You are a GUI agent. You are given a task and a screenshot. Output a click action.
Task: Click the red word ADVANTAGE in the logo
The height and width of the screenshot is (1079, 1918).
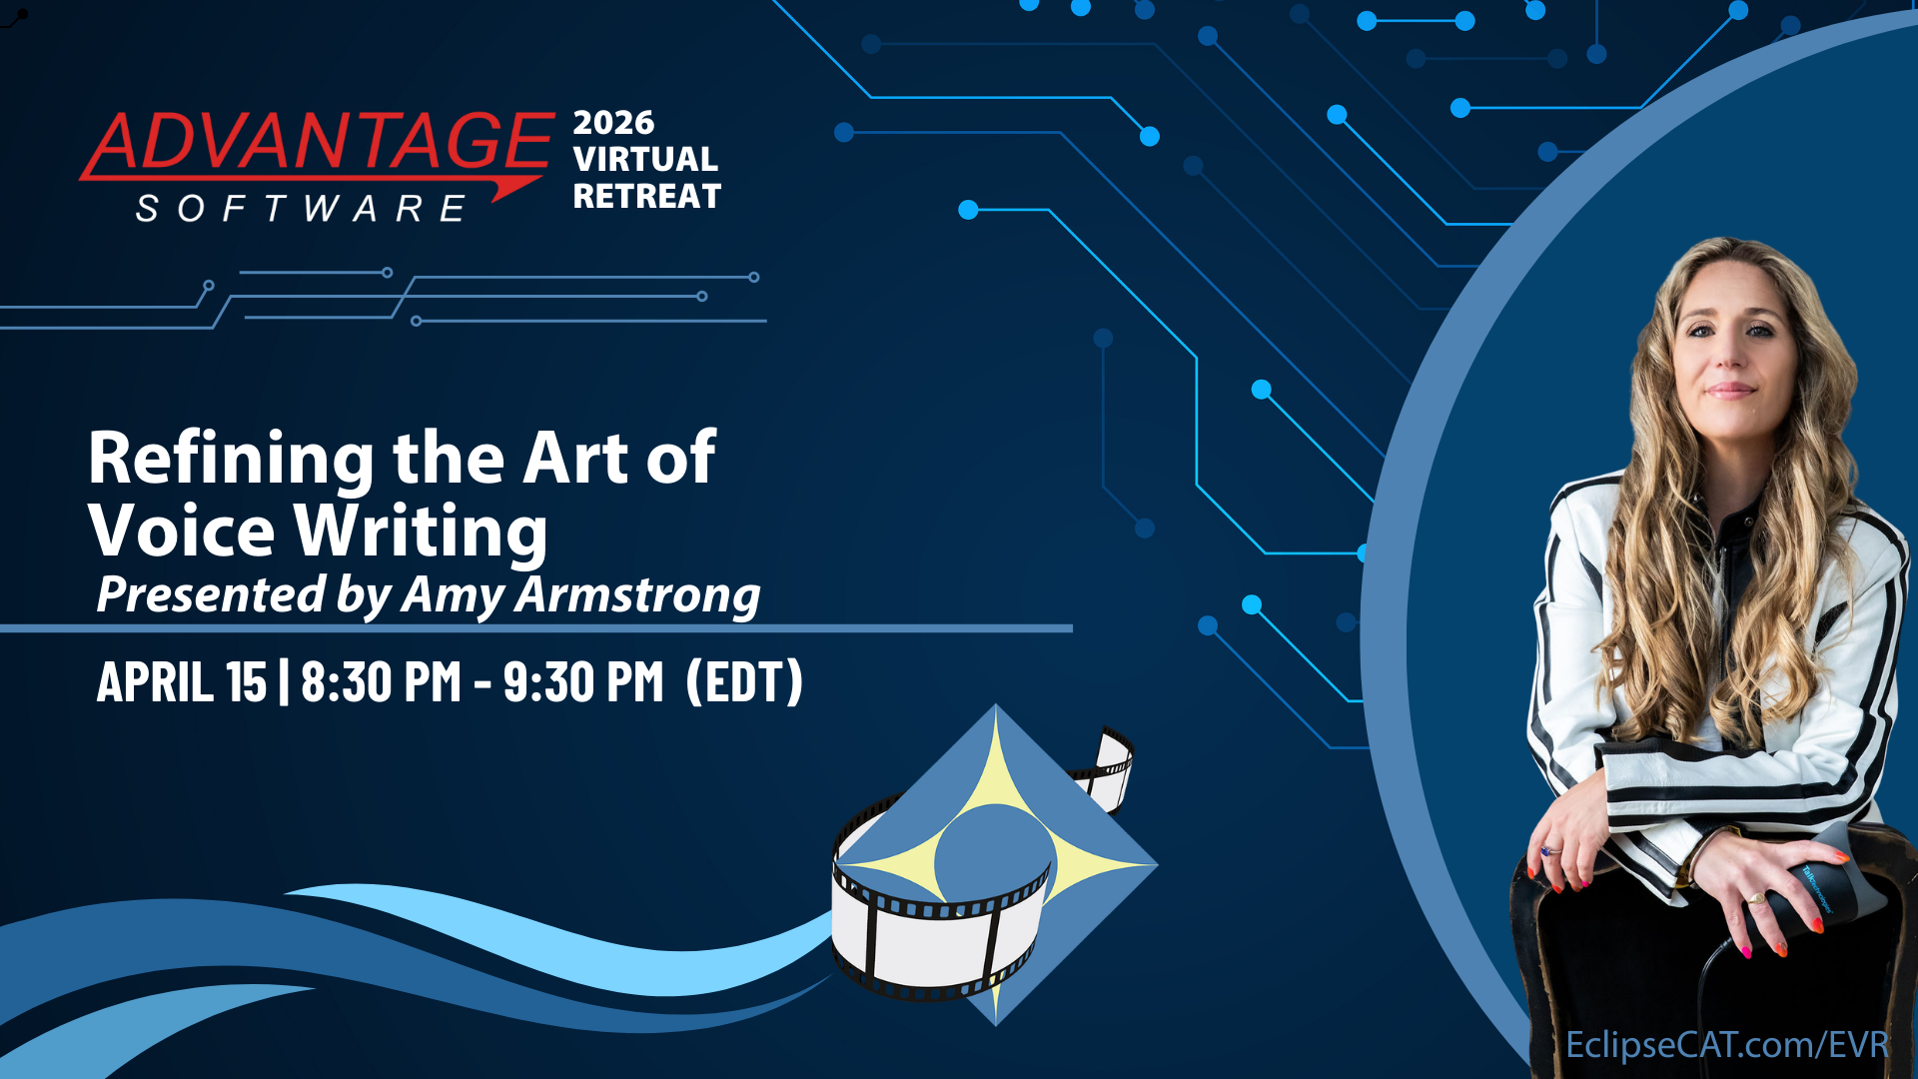pyautogui.click(x=318, y=142)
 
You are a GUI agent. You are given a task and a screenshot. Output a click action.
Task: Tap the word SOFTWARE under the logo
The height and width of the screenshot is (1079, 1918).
pyautogui.click(x=301, y=209)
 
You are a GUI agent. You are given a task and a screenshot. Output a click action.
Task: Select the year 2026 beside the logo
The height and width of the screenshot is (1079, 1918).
pyautogui.click(x=613, y=123)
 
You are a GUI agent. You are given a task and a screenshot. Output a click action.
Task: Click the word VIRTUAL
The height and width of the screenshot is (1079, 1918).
pyautogui.click(x=645, y=159)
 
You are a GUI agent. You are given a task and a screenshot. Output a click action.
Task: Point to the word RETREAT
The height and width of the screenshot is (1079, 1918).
pyautogui.click(x=647, y=197)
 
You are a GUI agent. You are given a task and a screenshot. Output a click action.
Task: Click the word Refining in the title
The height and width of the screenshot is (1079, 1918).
pyautogui.click(x=232, y=459)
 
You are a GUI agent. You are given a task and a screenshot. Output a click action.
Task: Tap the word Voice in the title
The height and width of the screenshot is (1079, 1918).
pyautogui.click(x=182, y=530)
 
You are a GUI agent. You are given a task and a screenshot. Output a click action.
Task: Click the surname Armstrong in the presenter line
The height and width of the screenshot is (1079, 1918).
pyautogui.click(x=637, y=596)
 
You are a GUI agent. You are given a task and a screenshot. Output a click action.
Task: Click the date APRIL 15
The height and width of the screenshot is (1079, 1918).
pyautogui.click(x=182, y=682)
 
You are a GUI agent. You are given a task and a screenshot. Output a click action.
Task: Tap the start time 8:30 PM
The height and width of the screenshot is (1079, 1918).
pyautogui.click(x=381, y=682)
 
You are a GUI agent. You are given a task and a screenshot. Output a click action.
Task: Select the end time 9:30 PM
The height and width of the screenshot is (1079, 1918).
pyautogui.click(x=583, y=682)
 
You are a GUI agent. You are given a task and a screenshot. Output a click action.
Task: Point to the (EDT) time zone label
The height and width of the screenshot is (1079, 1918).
pyautogui.click(x=744, y=682)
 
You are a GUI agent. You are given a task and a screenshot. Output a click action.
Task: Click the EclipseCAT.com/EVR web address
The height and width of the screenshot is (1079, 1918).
pyautogui.click(x=1727, y=1045)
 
